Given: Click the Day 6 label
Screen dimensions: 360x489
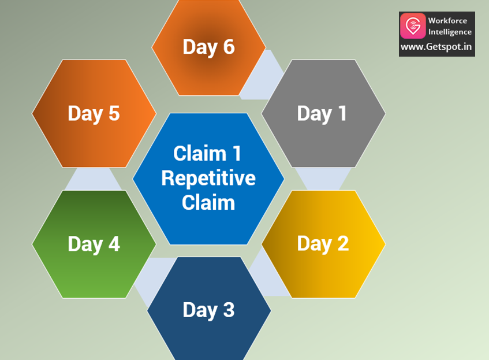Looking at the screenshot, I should click(208, 47).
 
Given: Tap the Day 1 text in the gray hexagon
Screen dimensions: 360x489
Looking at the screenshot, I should click(322, 113).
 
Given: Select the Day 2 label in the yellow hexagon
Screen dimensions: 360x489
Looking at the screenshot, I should click(323, 243).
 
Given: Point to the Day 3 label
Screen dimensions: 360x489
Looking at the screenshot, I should click(208, 310).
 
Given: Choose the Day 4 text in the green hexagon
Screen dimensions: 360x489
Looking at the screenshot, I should click(94, 244).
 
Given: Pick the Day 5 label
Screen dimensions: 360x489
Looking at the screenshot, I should click(94, 113).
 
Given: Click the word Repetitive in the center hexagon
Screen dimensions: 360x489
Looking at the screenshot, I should click(208, 178).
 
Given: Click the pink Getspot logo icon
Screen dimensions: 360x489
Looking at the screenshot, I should click(413, 26).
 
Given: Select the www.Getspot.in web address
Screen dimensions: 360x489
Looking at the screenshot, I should click(436, 47).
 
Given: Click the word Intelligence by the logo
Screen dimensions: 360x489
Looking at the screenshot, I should click(450, 32).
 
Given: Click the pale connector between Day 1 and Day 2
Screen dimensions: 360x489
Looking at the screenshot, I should click(323, 179).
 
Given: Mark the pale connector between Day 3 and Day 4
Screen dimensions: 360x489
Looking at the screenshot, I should click(151, 277).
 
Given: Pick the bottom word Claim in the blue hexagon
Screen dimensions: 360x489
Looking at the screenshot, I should click(208, 202).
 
